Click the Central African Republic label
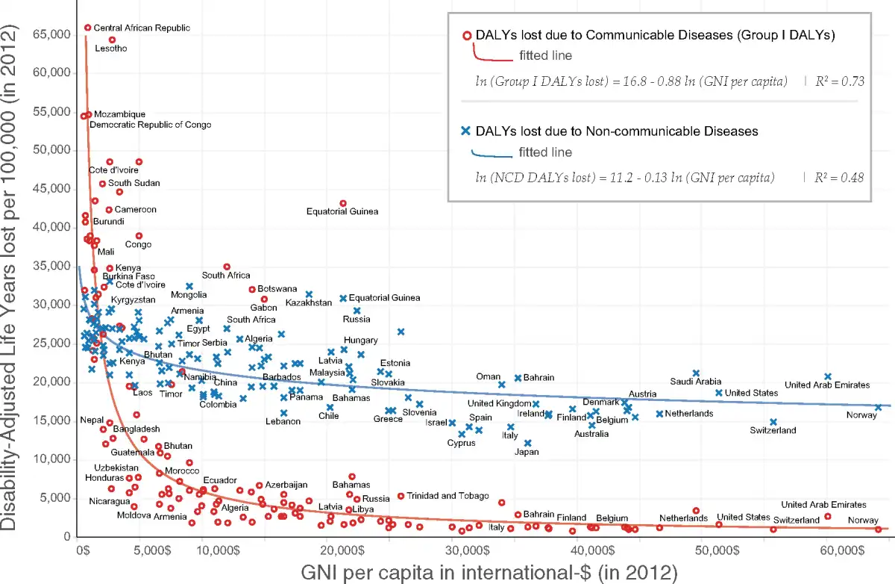[x=142, y=28]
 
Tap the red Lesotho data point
[x=113, y=40]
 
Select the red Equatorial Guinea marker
[x=343, y=203]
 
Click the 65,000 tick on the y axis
[x=49, y=34]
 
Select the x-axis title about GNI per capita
[x=489, y=573]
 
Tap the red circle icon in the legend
[x=467, y=35]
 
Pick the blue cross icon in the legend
[x=466, y=131]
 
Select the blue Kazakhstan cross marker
[x=310, y=294]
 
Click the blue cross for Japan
[x=527, y=443]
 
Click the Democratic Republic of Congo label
[x=150, y=125]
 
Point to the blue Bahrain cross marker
[x=518, y=378]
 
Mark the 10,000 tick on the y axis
[x=49, y=459]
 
